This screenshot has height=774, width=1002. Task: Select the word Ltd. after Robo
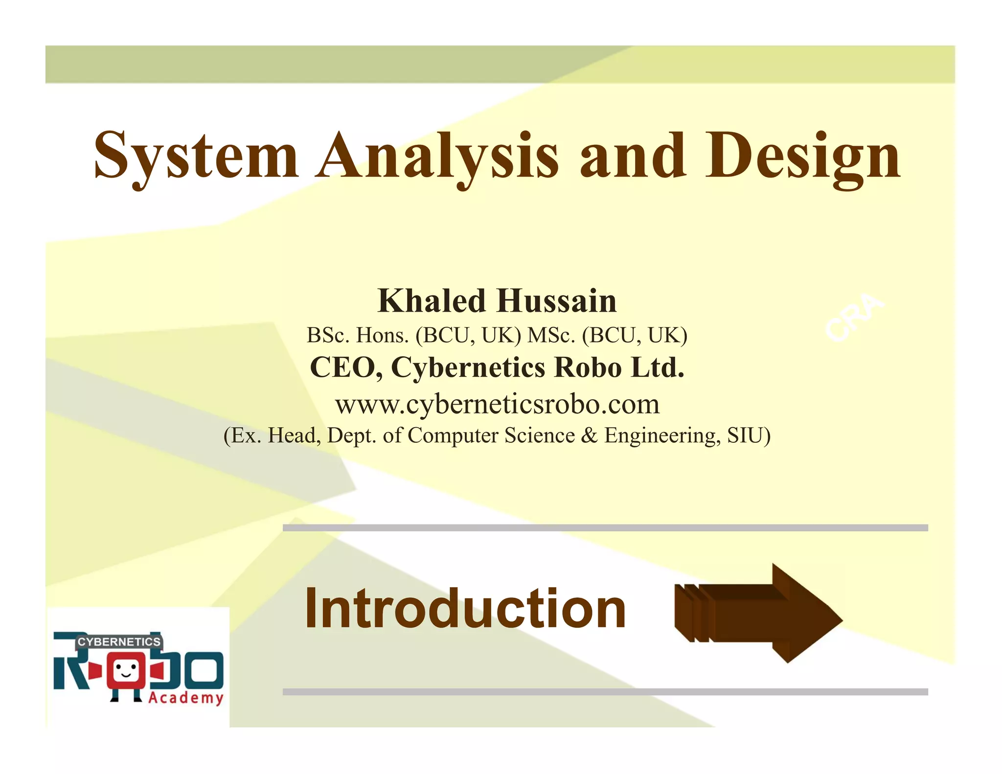point(658,367)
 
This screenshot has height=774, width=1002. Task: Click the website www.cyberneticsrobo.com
point(497,404)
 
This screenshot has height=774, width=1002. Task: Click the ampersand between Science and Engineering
point(590,435)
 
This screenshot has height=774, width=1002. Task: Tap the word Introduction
point(465,608)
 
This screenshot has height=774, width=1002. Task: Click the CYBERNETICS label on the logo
point(119,641)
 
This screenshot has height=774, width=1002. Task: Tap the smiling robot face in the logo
point(126,670)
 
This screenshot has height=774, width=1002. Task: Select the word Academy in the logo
point(186,697)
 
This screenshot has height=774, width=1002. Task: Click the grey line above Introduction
point(605,527)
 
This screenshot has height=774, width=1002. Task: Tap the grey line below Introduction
point(605,691)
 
